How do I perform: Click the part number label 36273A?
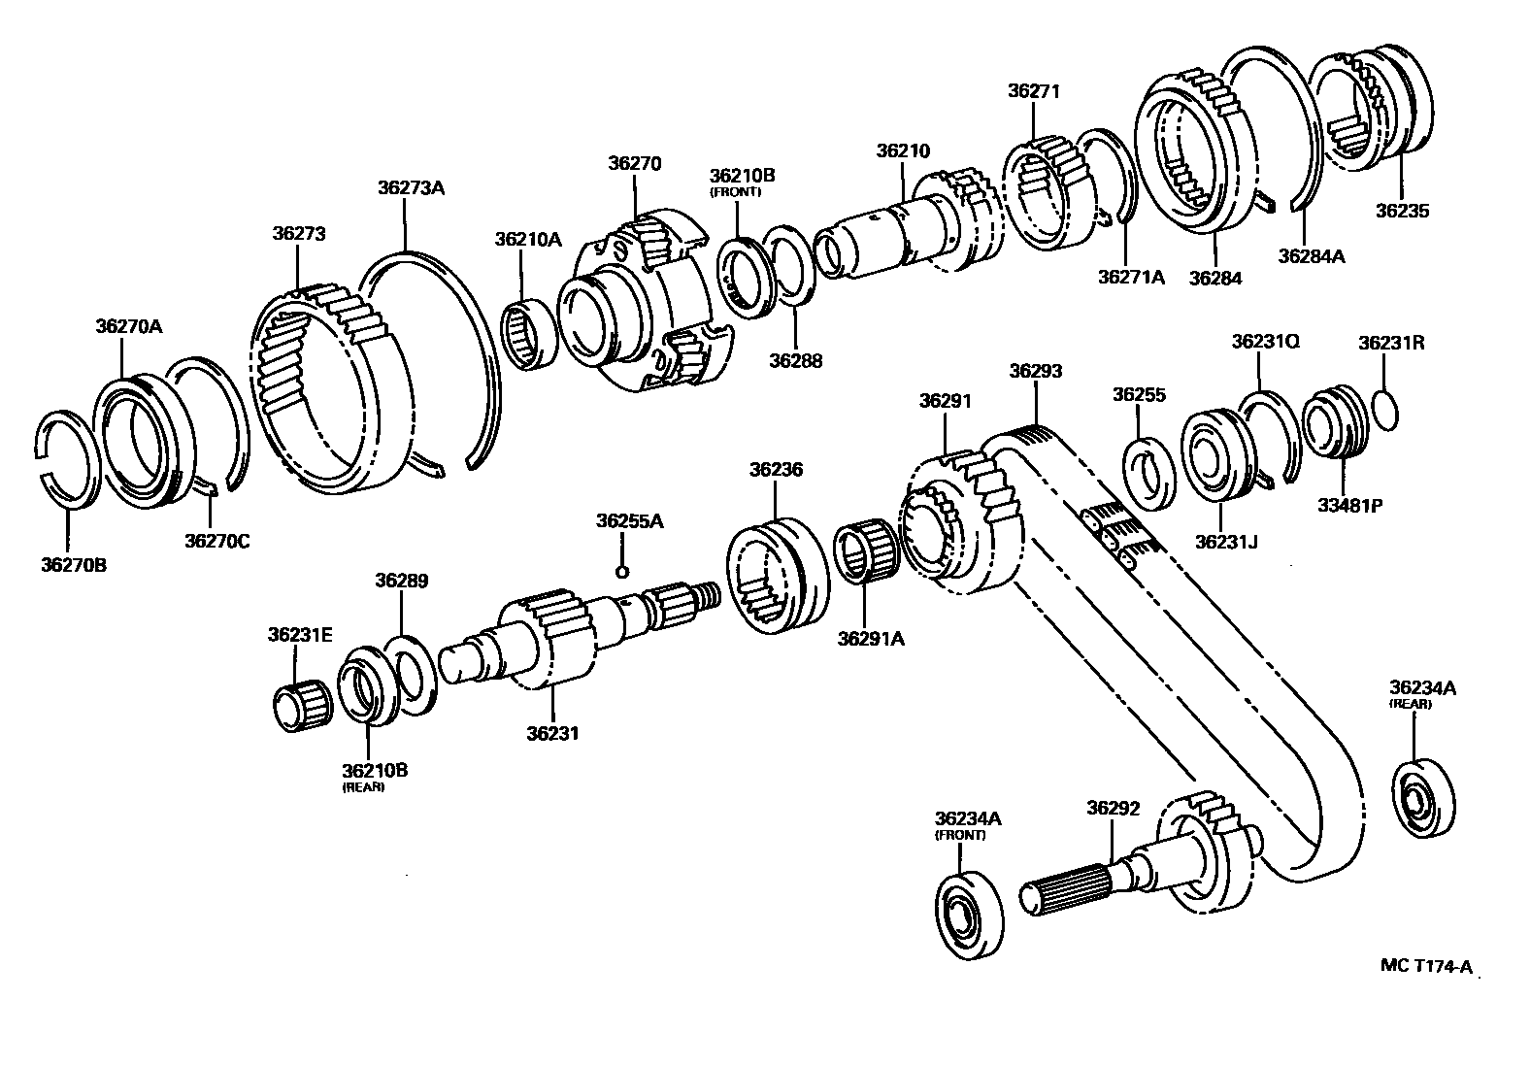411,187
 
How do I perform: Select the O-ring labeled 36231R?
1386,408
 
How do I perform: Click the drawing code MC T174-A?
1426,965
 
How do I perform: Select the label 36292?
1113,808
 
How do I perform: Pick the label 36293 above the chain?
1035,371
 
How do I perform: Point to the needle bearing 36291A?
864,551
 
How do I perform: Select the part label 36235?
1402,210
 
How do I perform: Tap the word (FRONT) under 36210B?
736,192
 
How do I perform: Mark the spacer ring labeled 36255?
1150,474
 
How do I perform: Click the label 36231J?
1226,541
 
